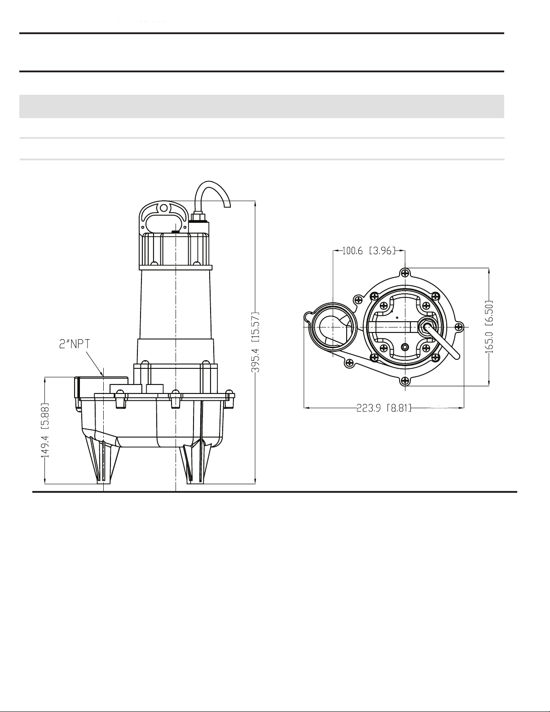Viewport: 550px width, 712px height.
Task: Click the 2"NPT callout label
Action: click(75, 345)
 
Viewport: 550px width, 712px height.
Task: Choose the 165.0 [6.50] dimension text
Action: click(489, 327)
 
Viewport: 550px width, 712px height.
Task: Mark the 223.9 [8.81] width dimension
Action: click(384, 408)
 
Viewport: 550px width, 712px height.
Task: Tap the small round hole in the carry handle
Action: click(163, 208)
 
